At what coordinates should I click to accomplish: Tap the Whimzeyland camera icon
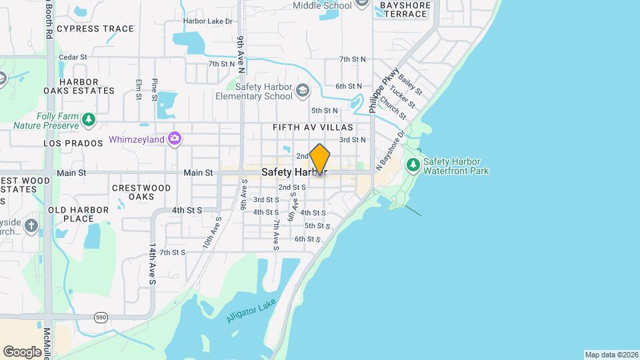(x=175, y=139)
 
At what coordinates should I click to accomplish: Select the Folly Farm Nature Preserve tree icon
(x=89, y=120)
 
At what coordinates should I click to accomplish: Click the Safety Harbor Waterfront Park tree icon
(x=413, y=164)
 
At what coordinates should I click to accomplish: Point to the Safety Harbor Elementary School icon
(x=303, y=90)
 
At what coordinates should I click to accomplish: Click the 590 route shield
(x=101, y=317)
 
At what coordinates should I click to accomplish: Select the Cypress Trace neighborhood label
(x=95, y=29)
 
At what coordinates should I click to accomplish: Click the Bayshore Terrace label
(x=404, y=9)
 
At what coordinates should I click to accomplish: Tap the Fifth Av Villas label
(x=312, y=127)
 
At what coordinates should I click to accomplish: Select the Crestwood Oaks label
(x=142, y=193)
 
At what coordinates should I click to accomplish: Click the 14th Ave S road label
(x=152, y=264)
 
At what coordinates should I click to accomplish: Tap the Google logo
(x=22, y=351)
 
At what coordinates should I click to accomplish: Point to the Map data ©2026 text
(x=611, y=355)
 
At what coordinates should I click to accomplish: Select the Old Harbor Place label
(x=79, y=214)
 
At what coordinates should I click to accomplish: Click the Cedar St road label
(x=73, y=57)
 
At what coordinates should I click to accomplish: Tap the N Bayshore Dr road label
(x=391, y=151)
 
